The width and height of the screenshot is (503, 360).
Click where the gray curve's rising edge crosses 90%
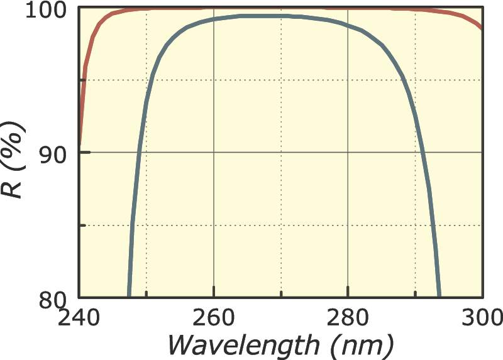tap(139, 153)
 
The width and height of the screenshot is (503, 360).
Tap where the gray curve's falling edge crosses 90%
tap(423, 153)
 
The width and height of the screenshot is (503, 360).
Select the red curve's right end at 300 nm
tap(482, 28)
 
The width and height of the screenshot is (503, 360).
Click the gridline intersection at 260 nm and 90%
tap(214, 153)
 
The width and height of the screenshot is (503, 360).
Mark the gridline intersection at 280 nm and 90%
tap(348, 153)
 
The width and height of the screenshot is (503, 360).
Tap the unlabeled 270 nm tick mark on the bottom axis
tap(281, 294)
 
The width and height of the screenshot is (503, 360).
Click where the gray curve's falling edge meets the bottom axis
tap(439, 297)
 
